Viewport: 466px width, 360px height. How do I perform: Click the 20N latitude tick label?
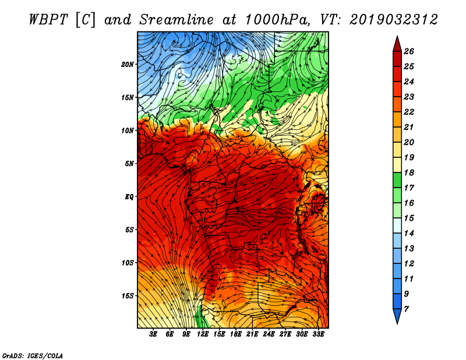coord(128,65)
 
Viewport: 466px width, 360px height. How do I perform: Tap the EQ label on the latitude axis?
coord(129,197)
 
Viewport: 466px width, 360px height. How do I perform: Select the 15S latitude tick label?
coord(128,296)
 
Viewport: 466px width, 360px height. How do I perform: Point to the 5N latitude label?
coord(129,164)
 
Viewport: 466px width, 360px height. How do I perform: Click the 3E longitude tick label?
coord(153,334)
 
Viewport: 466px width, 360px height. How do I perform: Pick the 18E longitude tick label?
coord(236,334)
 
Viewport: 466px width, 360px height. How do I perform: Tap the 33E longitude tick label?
coord(318,334)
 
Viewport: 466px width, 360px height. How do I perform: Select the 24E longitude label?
coord(269,334)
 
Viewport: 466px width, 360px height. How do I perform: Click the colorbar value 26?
coord(409,51)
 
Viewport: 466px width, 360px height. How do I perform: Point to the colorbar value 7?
coord(406,309)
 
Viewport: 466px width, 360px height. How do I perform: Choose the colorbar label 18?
coord(409,172)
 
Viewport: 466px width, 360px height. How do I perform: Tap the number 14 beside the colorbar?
coord(409,234)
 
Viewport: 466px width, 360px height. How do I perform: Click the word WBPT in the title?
coord(49,20)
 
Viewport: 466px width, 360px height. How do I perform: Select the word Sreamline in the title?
coord(176,20)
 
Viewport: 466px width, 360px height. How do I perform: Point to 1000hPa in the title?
coord(278,20)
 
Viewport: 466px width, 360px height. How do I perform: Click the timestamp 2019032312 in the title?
coord(394,20)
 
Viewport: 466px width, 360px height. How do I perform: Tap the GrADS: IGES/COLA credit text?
coord(33,356)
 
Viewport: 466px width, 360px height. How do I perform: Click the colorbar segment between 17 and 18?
coord(397,180)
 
